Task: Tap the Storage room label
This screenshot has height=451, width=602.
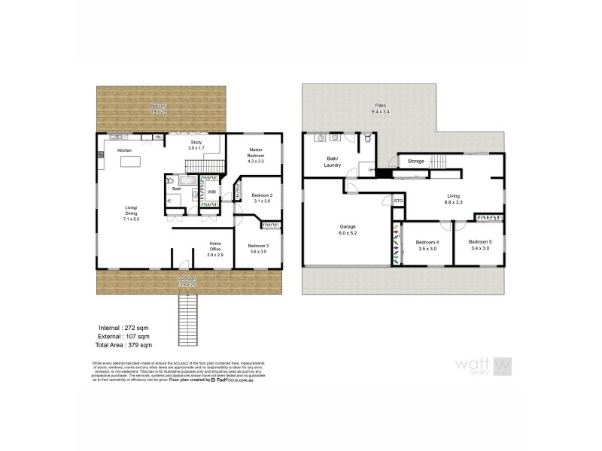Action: tap(416, 162)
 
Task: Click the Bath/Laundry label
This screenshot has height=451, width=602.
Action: tap(332, 161)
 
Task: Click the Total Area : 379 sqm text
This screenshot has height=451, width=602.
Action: tap(125, 346)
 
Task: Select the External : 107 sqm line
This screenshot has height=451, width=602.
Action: tap(125, 337)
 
